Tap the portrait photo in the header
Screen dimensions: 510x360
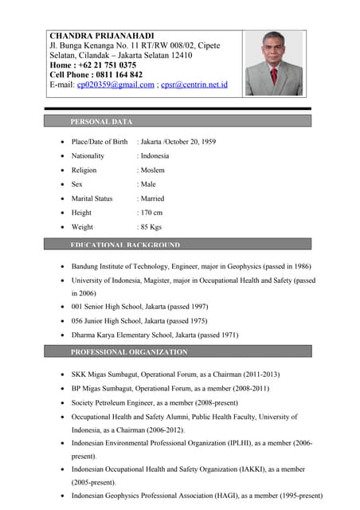tap(274, 63)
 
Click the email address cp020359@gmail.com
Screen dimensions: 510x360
tap(115, 84)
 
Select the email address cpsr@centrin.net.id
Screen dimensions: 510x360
tap(194, 84)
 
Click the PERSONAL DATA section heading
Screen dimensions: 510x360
tap(101, 122)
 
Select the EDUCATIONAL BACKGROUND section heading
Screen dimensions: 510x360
tap(125, 245)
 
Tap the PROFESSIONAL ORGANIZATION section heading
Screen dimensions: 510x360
tap(129, 351)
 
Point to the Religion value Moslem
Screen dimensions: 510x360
tap(153, 171)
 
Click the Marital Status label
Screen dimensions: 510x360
tap(92, 198)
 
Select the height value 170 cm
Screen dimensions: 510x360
tap(151, 213)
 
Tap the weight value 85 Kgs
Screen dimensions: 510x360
tap(151, 227)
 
